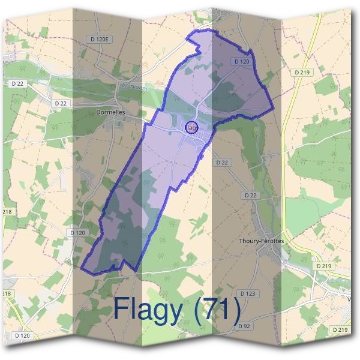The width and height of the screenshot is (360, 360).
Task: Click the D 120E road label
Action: pyautogui.click(x=100, y=39)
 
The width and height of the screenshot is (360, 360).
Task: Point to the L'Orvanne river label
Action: pyautogui.click(x=134, y=86)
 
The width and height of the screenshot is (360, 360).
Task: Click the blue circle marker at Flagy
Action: pyautogui.click(x=191, y=127)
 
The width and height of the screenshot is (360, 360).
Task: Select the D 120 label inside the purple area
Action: pyautogui.click(x=241, y=61)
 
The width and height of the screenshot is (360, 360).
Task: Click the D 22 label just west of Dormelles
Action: pyautogui.click(x=61, y=103)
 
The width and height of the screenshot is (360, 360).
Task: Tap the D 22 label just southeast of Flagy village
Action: pyautogui.click(x=222, y=163)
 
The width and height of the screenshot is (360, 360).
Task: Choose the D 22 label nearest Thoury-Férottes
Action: pyautogui.click(x=250, y=196)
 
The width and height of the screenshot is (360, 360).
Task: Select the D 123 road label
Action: pyautogui.click(x=247, y=293)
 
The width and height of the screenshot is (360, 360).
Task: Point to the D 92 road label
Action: pyautogui.click(x=243, y=326)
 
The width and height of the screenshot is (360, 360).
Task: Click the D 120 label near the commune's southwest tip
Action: pyautogui.click(x=78, y=232)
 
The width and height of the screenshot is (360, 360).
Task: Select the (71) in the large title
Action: pyautogui.click(x=221, y=309)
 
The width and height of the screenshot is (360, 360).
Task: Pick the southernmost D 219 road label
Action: pyautogui.click(x=340, y=330)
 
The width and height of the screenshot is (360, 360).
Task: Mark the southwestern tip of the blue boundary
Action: pyautogui.click(x=82, y=268)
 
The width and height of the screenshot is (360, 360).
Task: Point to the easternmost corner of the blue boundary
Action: pyautogui.click(x=273, y=109)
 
